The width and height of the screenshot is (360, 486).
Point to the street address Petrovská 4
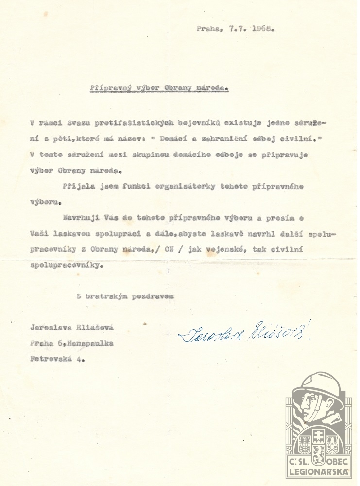coord(57,360)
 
